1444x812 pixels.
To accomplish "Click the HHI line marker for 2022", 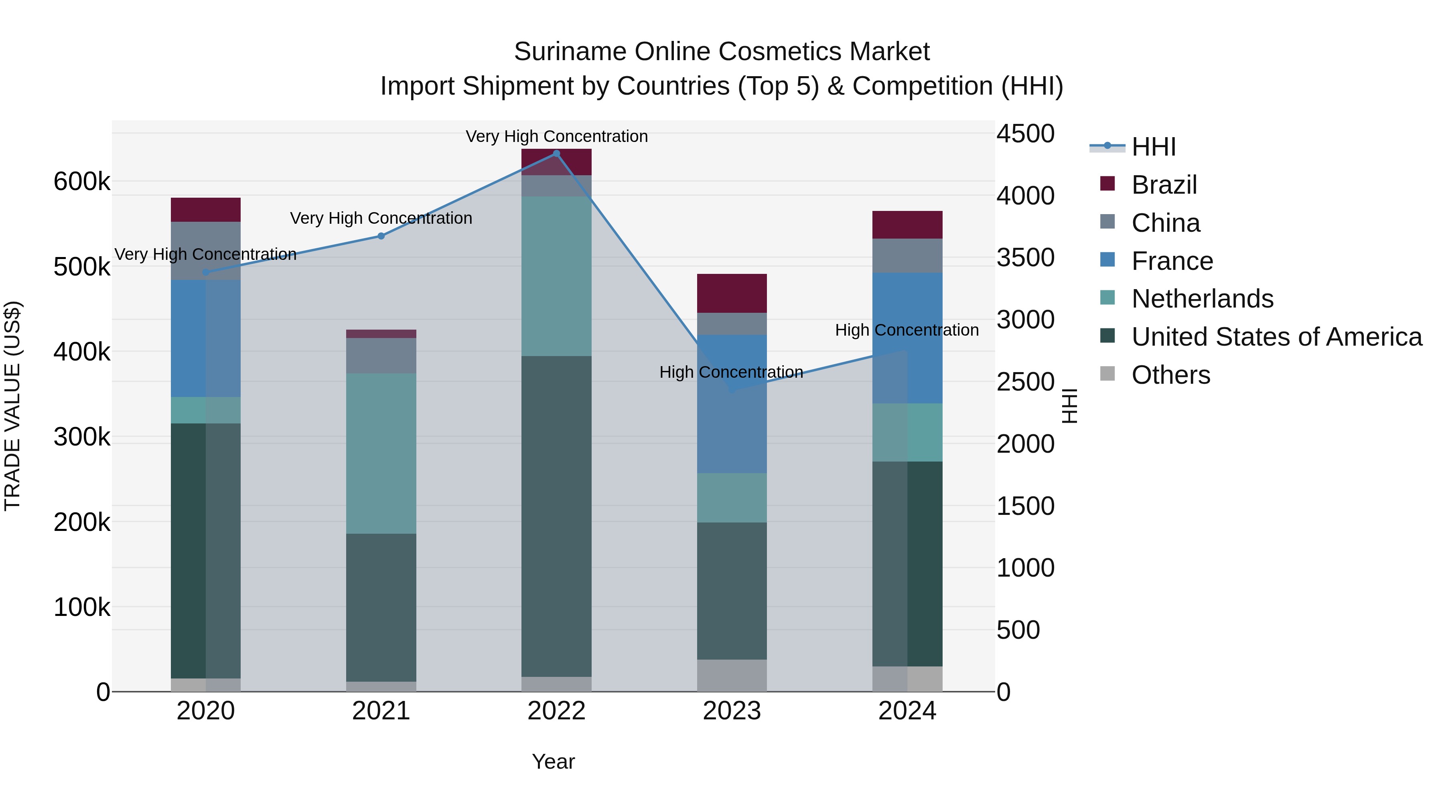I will tap(556, 154).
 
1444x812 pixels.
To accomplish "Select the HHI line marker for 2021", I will tap(381, 236).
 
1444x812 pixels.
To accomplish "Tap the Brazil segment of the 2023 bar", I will tap(732, 293).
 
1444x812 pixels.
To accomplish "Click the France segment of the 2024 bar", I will tap(907, 338).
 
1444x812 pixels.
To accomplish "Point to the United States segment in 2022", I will tap(556, 516).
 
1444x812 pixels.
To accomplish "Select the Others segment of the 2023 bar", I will tap(732, 675).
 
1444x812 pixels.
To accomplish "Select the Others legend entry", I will tap(1170, 375).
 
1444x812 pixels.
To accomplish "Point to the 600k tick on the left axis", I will tap(82, 182).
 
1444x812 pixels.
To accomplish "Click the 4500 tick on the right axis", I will tap(1025, 134).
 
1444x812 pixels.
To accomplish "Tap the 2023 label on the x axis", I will tap(732, 711).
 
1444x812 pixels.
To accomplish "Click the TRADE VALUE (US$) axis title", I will tap(12, 406).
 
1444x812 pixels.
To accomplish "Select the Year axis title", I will tap(553, 761).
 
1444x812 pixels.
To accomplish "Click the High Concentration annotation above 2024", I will tap(907, 330).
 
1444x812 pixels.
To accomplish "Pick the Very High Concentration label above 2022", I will tap(556, 136).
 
